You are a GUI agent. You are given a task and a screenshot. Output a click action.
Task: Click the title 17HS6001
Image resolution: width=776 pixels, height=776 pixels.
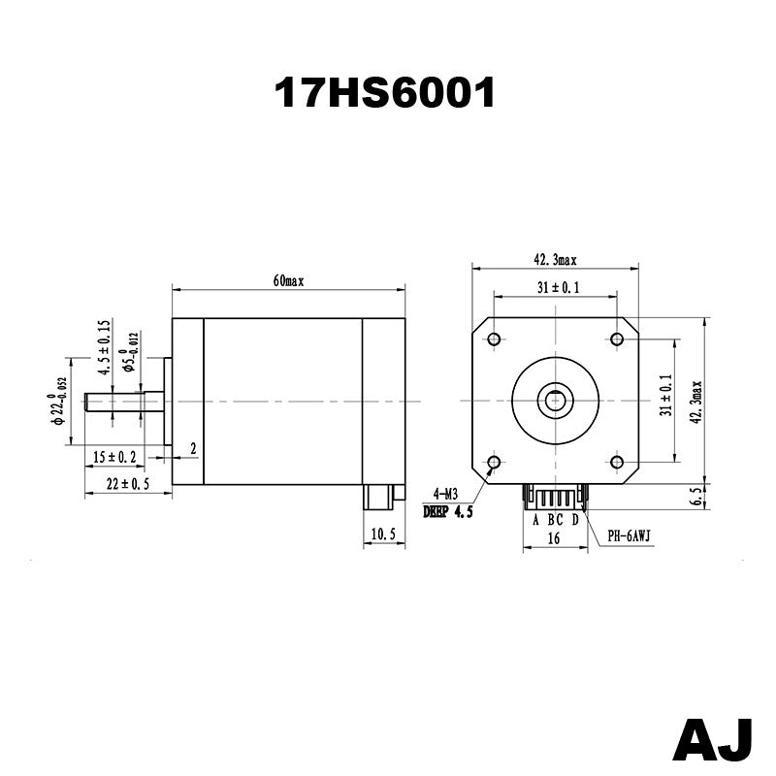pyautogui.click(x=385, y=93)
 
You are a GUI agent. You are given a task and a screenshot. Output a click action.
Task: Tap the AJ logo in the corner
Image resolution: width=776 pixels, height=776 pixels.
pyautogui.click(x=713, y=740)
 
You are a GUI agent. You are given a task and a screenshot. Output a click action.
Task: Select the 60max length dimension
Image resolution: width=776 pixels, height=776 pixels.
pyautogui.click(x=288, y=281)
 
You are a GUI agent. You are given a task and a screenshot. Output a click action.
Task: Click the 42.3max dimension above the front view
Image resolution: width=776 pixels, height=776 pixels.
pyautogui.click(x=554, y=260)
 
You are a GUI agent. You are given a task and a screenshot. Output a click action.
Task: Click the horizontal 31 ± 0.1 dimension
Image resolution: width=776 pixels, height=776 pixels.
pyautogui.click(x=556, y=287)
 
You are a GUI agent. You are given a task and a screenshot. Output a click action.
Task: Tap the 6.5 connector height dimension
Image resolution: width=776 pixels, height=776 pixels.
pyautogui.click(x=695, y=497)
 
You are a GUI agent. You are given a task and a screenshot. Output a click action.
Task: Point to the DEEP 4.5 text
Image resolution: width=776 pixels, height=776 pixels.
pyautogui.click(x=447, y=512)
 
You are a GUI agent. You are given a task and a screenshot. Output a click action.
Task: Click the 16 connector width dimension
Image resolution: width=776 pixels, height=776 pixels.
pyautogui.click(x=554, y=536)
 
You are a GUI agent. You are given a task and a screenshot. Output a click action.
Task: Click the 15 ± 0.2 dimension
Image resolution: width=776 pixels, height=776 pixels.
pyautogui.click(x=114, y=457)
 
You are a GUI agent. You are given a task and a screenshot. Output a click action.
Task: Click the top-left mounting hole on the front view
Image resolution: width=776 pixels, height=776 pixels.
pyautogui.click(x=494, y=339)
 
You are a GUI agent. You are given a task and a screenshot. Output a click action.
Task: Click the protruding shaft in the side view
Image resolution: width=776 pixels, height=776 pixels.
pyautogui.click(x=113, y=401)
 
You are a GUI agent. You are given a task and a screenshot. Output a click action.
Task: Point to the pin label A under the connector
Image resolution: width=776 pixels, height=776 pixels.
pyautogui.click(x=535, y=518)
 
